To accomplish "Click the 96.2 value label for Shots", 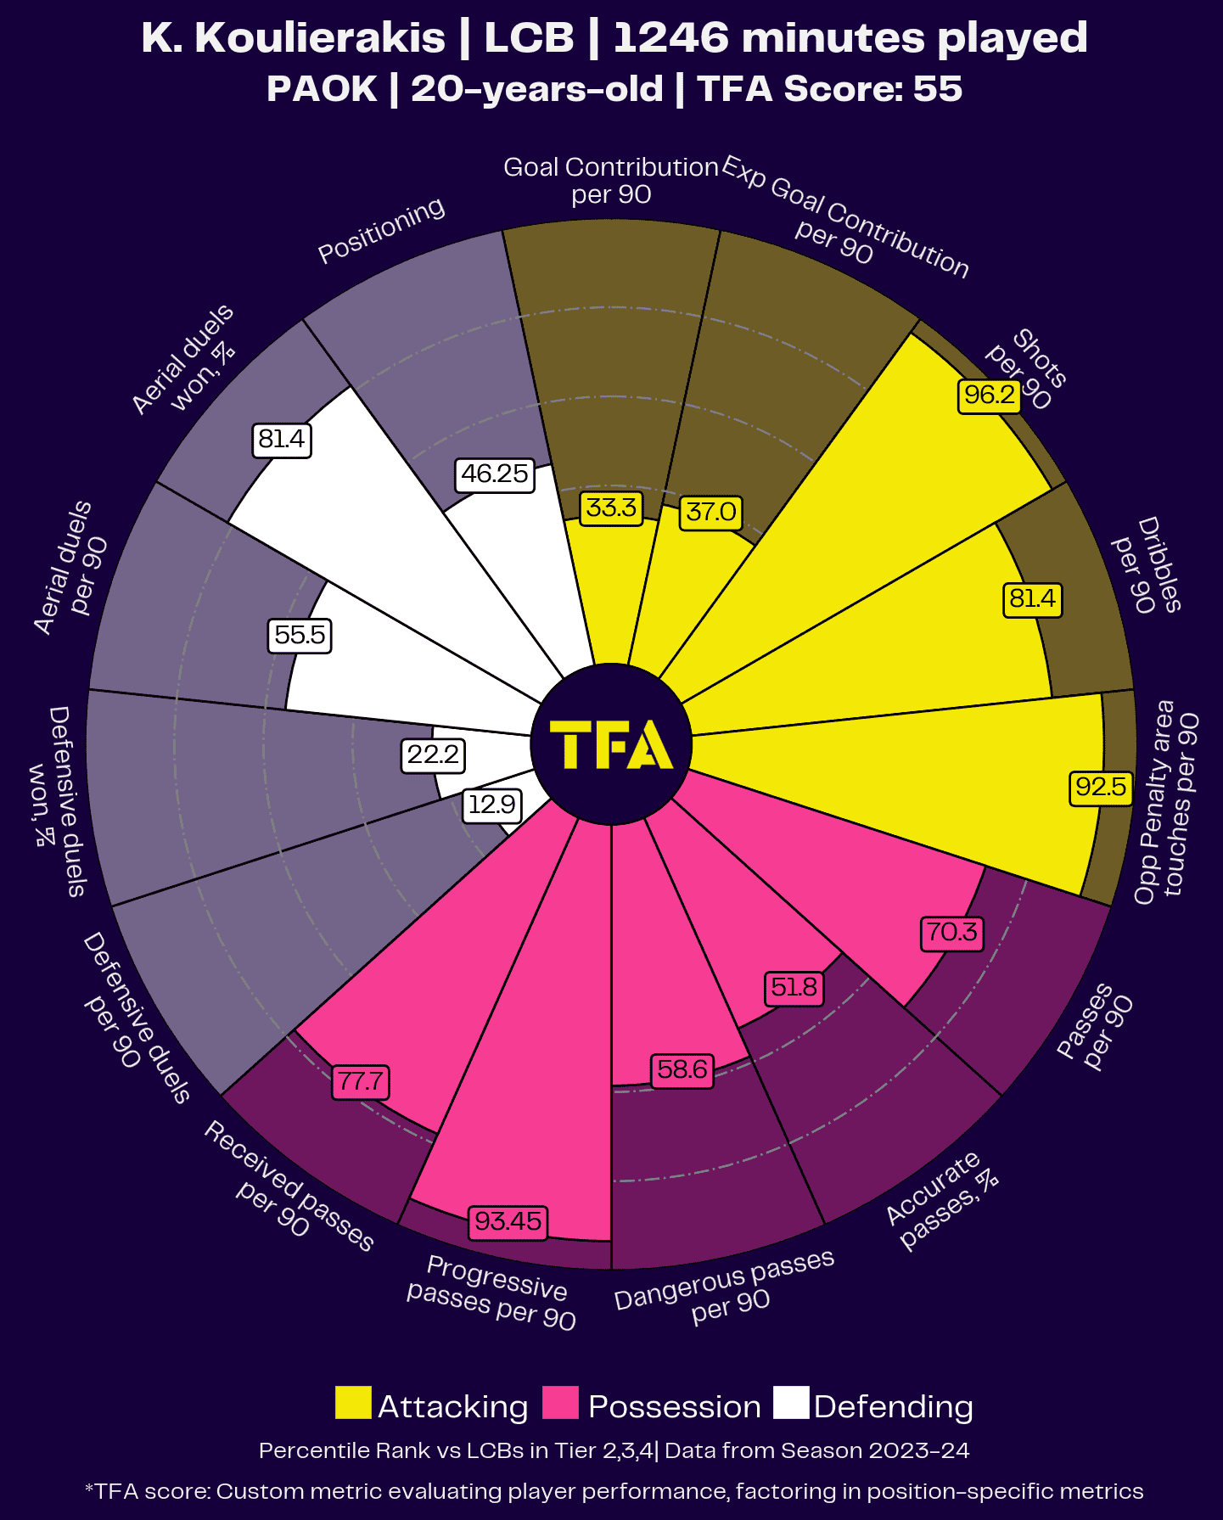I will pyautogui.click(x=990, y=395).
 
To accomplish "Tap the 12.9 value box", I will pyautogui.click(x=492, y=805).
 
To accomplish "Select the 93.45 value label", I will pyautogui.click(x=508, y=1221).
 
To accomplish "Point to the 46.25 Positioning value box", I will pyautogui.click(x=495, y=474).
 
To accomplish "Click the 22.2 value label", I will pyautogui.click(x=433, y=754).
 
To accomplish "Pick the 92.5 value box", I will pyautogui.click(x=1101, y=787).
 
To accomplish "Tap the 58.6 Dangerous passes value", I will pyautogui.click(x=682, y=1069).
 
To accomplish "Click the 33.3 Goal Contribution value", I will pyautogui.click(x=611, y=508).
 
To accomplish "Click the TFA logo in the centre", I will pyautogui.click(x=611, y=744).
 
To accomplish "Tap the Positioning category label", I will pyautogui.click(x=381, y=230).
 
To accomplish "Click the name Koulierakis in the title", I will pyautogui.click(x=320, y=38).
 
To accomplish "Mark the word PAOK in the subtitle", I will pyautogui.click(x=322, y=89).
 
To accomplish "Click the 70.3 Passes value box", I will pyautogui.click(x=952, y=933).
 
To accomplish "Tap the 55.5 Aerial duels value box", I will pyautogui.click(x=300, y=635).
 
